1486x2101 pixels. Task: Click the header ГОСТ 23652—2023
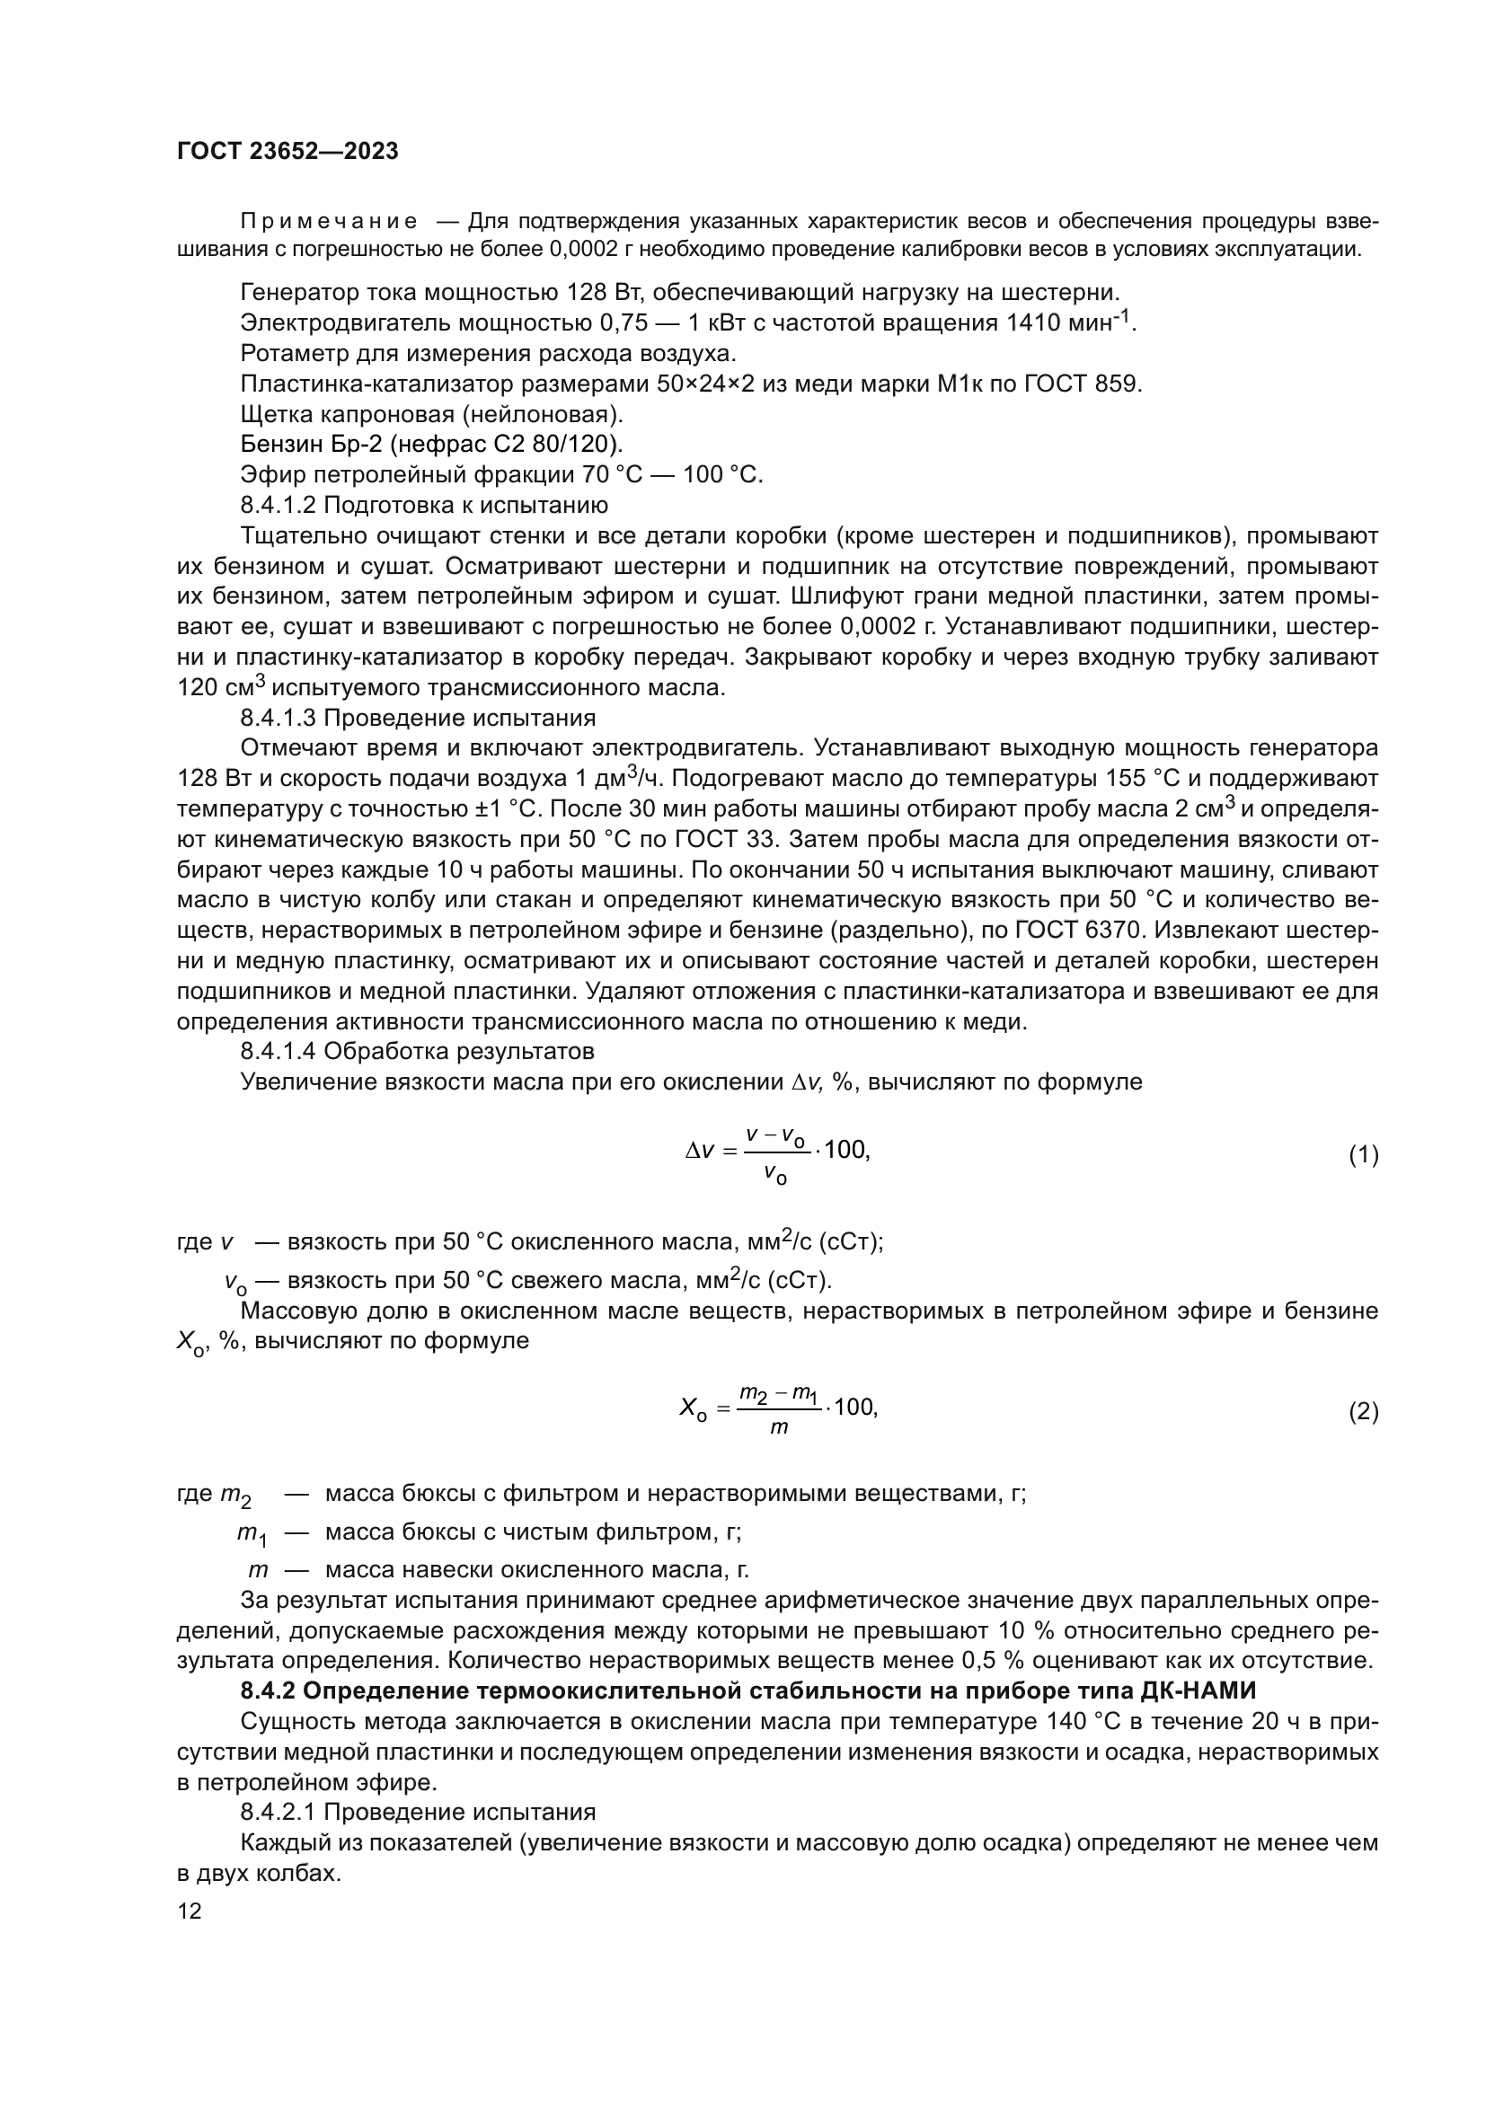click(287, 152)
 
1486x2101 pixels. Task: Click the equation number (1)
click(1363, 1155)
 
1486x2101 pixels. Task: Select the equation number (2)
click(1363, 1412)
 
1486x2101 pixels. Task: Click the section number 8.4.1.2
click(279, 505)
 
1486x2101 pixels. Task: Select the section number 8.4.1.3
click(279, 718)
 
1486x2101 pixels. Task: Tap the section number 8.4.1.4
click(279, 1051)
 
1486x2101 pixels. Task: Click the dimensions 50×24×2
click(705, 384)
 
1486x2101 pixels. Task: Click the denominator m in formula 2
click(779, 1428)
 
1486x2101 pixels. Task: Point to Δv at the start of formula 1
click(699, 1152)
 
